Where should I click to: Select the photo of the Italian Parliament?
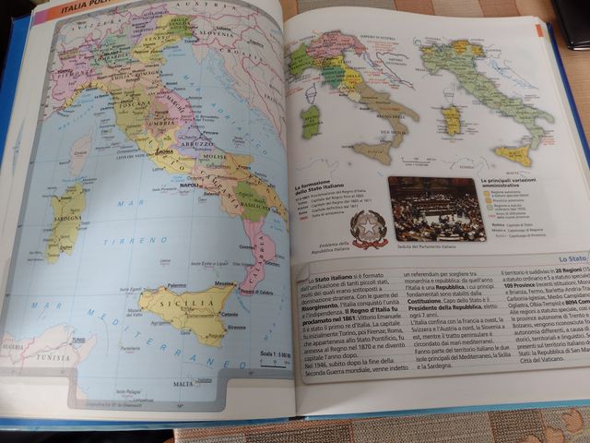436,209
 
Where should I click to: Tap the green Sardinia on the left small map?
313,120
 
